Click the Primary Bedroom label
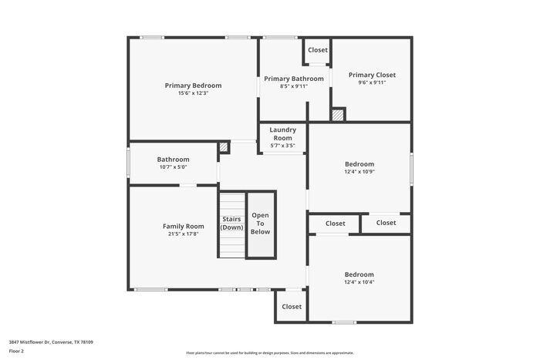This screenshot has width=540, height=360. pos(193,85)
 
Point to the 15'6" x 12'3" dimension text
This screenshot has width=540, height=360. pos(193,93)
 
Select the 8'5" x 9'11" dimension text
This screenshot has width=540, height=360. pos(293,86)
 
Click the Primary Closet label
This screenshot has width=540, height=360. pos(372,75)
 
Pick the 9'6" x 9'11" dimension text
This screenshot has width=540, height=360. pos(372,82)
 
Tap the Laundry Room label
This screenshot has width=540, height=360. pos(282,133)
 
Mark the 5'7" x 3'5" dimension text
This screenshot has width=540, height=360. pos(282,145)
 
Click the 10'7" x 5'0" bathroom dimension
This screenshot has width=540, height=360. pos(173,167)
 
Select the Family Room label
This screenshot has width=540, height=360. pos(183,226)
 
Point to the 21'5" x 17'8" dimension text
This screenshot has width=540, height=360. pos(183,234)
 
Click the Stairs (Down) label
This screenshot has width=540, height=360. pos(231,224)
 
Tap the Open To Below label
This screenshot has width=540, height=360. pos(261,223)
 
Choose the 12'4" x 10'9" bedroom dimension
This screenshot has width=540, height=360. pos(359,171)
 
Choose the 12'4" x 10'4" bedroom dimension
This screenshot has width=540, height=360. pos(359,282)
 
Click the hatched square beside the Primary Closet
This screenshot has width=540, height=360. pos(338,114)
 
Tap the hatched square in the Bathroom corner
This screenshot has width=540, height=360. pos(224,146)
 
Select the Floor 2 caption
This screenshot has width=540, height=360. pos(16,351)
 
